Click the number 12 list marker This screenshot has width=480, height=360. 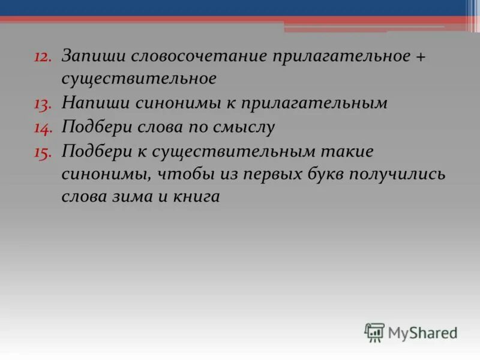(x=43, y=56)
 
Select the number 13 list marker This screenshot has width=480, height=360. (x=43, y=104)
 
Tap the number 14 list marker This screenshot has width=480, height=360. (x=43, y=128)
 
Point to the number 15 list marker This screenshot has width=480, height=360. (x=43, y=152)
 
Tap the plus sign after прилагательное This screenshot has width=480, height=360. (x=420, y=56)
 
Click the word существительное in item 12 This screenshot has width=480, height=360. (x=139, y=79)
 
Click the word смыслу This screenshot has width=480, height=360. (x=241, y=127)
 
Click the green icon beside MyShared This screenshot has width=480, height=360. (x=374, y=332)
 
